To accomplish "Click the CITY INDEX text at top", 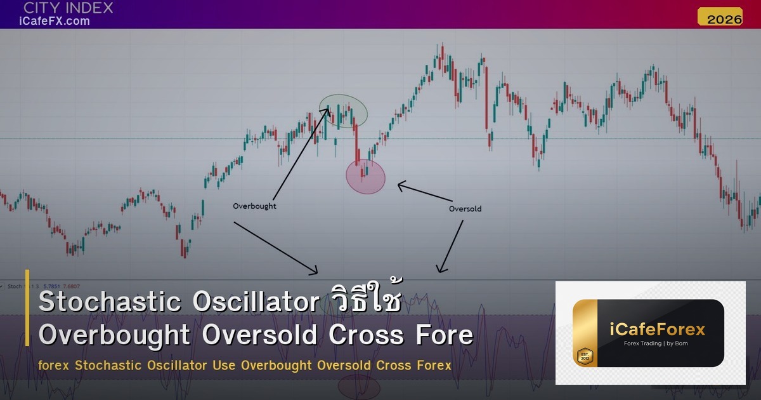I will [x=68, y=8].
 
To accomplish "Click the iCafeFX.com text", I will [x=55, y=21].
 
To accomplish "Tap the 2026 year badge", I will [x=720, y=18].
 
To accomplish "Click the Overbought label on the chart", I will [x=254, y=206].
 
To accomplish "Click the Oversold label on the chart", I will [x=465, y=209].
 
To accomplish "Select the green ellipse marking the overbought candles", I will [x=343, y=110].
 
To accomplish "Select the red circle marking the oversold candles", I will [x=366, y=176].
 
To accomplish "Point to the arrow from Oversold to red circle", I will [x=425, y=193].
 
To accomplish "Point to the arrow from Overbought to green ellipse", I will [x=300, y=155].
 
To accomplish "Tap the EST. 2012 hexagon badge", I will [x=584, y=356].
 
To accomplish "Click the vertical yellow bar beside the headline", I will [x=28, y=308].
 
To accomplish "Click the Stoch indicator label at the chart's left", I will [x=15, y=286].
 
